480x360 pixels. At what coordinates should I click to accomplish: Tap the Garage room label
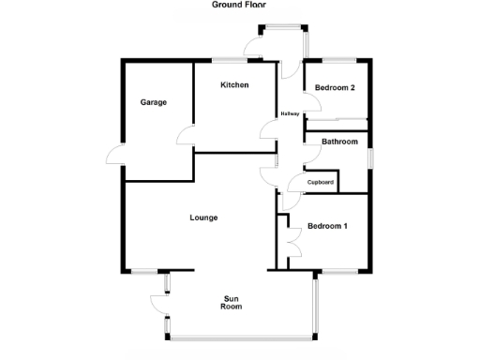tap(154, 102)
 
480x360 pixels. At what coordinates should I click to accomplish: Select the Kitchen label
tap(234, 85)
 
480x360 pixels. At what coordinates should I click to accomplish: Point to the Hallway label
tap(290, 114)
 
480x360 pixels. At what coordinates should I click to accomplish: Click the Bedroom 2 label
tap(334, 88)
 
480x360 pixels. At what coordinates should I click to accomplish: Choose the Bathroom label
tap(339, 142)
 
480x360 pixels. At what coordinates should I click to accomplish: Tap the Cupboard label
tap(321, 182)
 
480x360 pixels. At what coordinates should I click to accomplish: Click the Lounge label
tap(203, 217)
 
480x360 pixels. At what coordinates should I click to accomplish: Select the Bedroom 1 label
tap(327, 226)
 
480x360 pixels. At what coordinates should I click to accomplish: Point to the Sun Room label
tap(232, 301)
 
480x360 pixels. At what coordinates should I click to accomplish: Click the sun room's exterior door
tap(158, 302)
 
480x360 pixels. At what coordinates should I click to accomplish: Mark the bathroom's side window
tap(370, 157)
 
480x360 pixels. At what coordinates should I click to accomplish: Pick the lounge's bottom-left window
tap(144, 272)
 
